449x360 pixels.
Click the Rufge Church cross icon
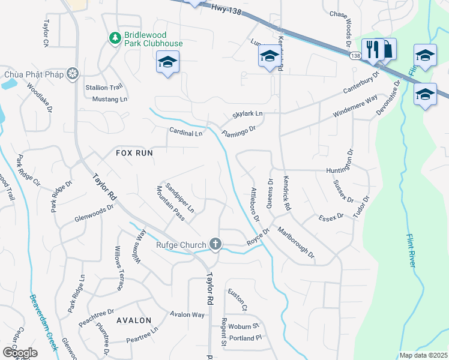215,244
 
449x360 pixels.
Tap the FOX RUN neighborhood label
134,153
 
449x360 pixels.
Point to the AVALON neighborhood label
134,320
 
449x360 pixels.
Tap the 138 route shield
355,56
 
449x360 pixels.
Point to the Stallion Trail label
103,87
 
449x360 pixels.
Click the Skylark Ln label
248,114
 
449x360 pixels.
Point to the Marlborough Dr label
296,242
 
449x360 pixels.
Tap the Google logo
20,353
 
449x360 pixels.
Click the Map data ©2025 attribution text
423,355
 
